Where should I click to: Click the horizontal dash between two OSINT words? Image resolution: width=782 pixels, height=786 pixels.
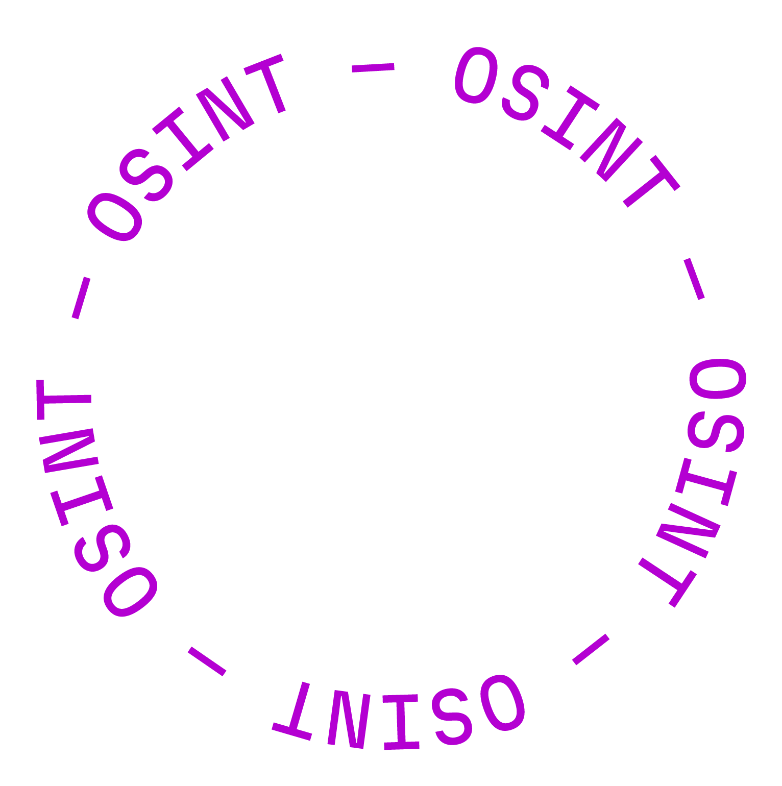[x=373, y=67]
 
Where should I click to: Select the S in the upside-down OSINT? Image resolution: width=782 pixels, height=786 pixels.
[x=452, y=718]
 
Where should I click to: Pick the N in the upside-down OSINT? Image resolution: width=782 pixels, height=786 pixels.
[x=347, y=720]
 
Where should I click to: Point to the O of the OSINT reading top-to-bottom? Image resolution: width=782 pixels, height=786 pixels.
[x=718, y=378]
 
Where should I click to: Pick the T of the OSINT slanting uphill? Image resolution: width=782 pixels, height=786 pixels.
[x=268, y=82]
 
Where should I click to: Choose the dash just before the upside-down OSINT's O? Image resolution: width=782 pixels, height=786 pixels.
[x=591, y=649]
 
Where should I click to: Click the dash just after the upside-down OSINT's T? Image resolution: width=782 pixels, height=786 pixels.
[x=207, y=661]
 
